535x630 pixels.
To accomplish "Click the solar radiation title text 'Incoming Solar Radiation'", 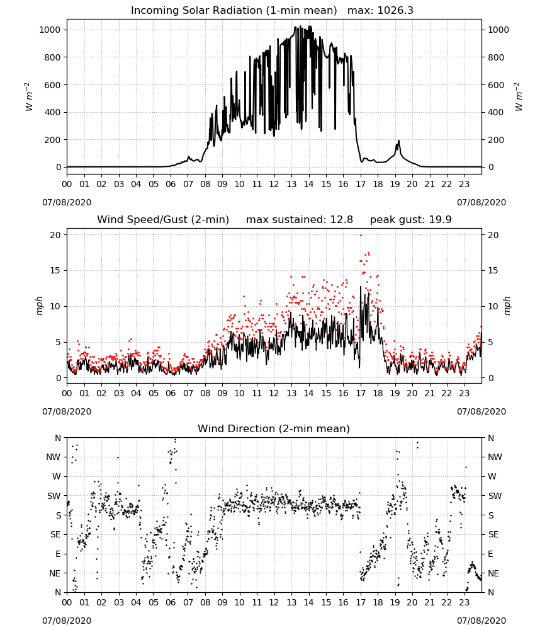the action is [x=197, y=11].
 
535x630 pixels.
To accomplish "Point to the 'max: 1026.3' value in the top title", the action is [x=380, y=11].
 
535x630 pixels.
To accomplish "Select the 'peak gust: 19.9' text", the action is [x=410, y=220].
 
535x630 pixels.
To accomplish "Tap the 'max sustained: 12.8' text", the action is [x=300, y=220].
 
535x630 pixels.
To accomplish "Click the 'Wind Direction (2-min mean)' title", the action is [x=274, y=428].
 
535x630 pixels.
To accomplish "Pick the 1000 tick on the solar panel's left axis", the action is [x=50, y=30].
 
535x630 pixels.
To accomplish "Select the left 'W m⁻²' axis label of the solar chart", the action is [x=28, y=97].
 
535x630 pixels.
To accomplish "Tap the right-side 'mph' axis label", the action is [x=507, y=306].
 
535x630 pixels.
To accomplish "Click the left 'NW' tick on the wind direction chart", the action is [x=53, y=457].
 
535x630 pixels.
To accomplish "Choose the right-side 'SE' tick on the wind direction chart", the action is [x=493, y=535].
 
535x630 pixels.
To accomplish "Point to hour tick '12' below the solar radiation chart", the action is [x=274, y=185].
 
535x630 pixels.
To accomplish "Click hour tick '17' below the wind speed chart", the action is [x=361, y=393].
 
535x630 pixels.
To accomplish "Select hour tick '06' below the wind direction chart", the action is [x=171, y=603].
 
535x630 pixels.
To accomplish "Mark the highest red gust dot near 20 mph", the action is [x=361, y=236].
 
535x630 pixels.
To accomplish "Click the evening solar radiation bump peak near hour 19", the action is [x=399, y=140].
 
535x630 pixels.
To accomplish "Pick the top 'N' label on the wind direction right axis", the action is [x=491, y=438].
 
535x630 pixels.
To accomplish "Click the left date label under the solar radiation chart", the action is [x=67, y=202].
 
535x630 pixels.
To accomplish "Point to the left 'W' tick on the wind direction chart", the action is [x=57, y=476].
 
